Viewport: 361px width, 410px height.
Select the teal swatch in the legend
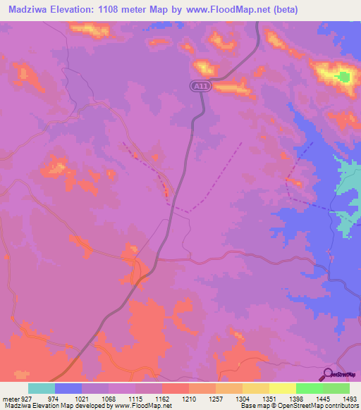point(42,388)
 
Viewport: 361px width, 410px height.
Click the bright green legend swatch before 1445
point(310,388)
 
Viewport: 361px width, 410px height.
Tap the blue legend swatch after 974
point(68,388)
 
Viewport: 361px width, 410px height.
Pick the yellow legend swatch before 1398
point(256,388)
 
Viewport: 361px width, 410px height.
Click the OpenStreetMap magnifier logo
point(327,373)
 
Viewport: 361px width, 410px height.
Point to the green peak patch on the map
point(343,76)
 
